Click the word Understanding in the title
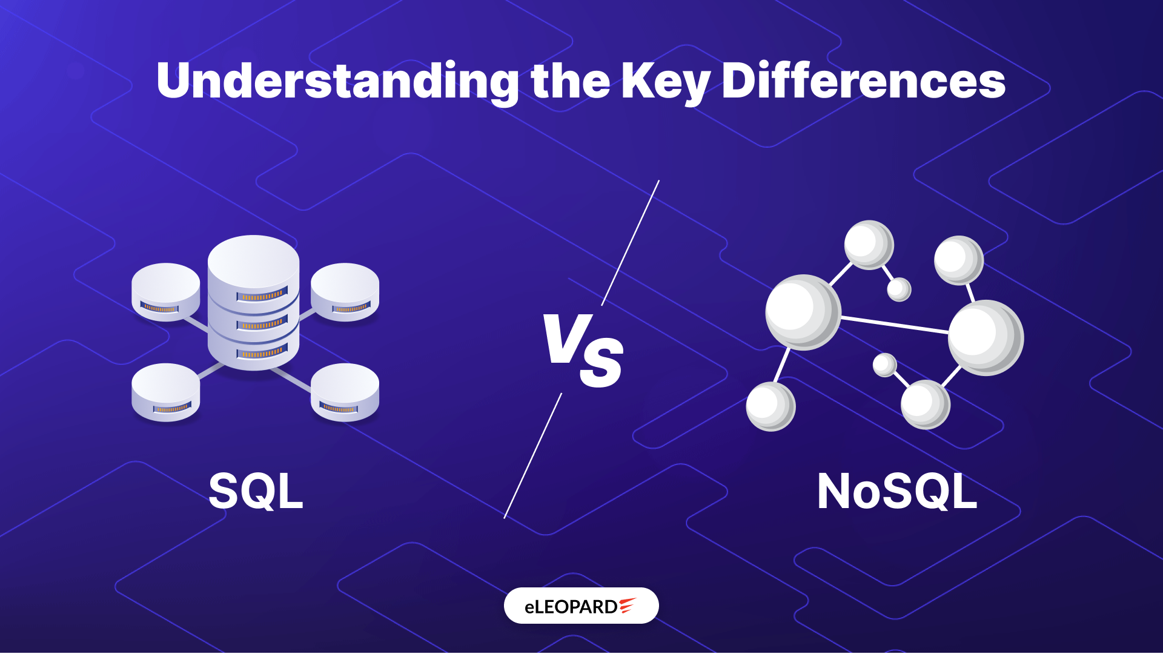point(337,82)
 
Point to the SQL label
point(256,491)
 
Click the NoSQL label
point(897,491)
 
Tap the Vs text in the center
point(583,350)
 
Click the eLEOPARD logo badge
point(581,606)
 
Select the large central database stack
point(253,303)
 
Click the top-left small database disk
point(166,292)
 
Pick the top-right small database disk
point(345,292)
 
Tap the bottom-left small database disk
point(166,392)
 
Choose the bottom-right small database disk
point(345,392)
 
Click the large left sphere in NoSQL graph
point(803,312)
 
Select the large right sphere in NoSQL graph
point(986,337)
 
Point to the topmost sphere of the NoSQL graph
point(869,245)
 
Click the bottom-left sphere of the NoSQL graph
point(770,406)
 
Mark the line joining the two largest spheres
point(895,325)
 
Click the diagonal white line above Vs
point(631,243)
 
